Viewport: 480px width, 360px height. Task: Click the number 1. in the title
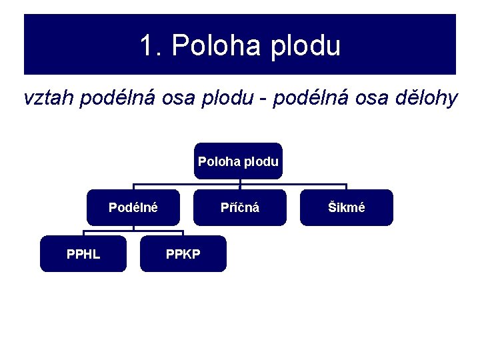point(151,46)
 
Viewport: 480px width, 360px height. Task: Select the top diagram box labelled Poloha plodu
point(238,161)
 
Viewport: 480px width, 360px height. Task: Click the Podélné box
point(133,207)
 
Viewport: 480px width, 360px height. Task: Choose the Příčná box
point(240,207)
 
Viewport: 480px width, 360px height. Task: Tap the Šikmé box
point(347,207)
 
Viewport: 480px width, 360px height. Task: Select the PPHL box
point(83,253)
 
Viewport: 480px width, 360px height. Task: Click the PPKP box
point(183,253)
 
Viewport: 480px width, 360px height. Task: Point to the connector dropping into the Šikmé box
point(347,187)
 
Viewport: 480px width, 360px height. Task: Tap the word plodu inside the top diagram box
point(261,161)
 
